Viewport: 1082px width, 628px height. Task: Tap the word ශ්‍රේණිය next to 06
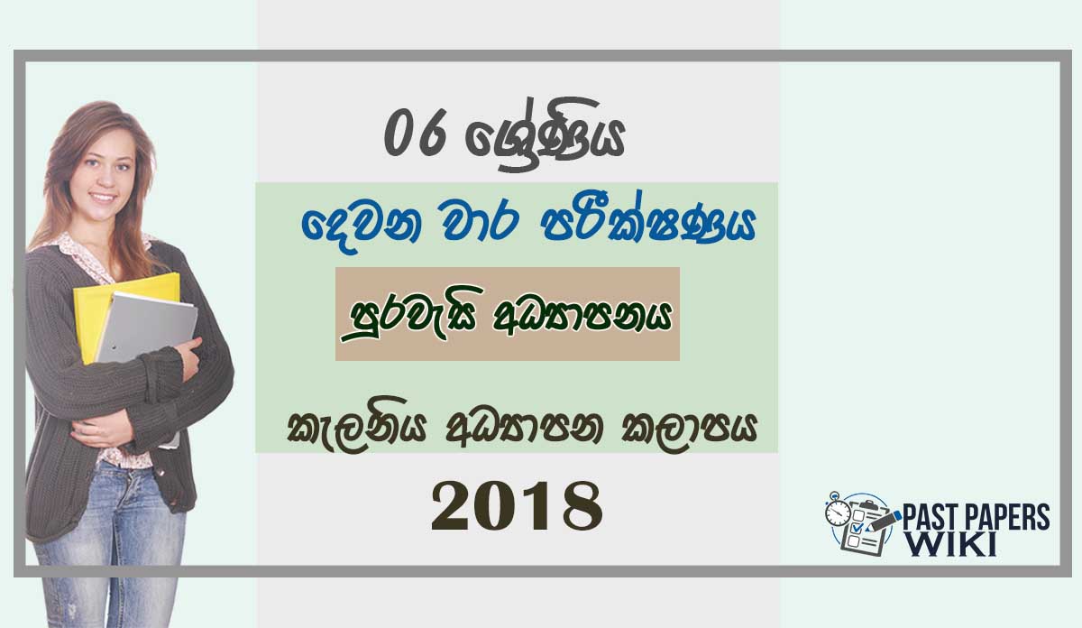pos(546,134)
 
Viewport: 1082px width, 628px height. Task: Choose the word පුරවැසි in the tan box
pos(413,313)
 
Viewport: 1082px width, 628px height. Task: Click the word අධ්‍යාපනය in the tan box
pos(582,315)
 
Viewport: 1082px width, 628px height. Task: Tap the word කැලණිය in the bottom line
pos(355,427)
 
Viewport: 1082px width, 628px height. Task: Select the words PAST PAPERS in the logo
pos(976,518)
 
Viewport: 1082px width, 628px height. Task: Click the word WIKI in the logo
pos(950,544)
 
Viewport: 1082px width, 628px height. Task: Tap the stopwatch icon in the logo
pos(838,512)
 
